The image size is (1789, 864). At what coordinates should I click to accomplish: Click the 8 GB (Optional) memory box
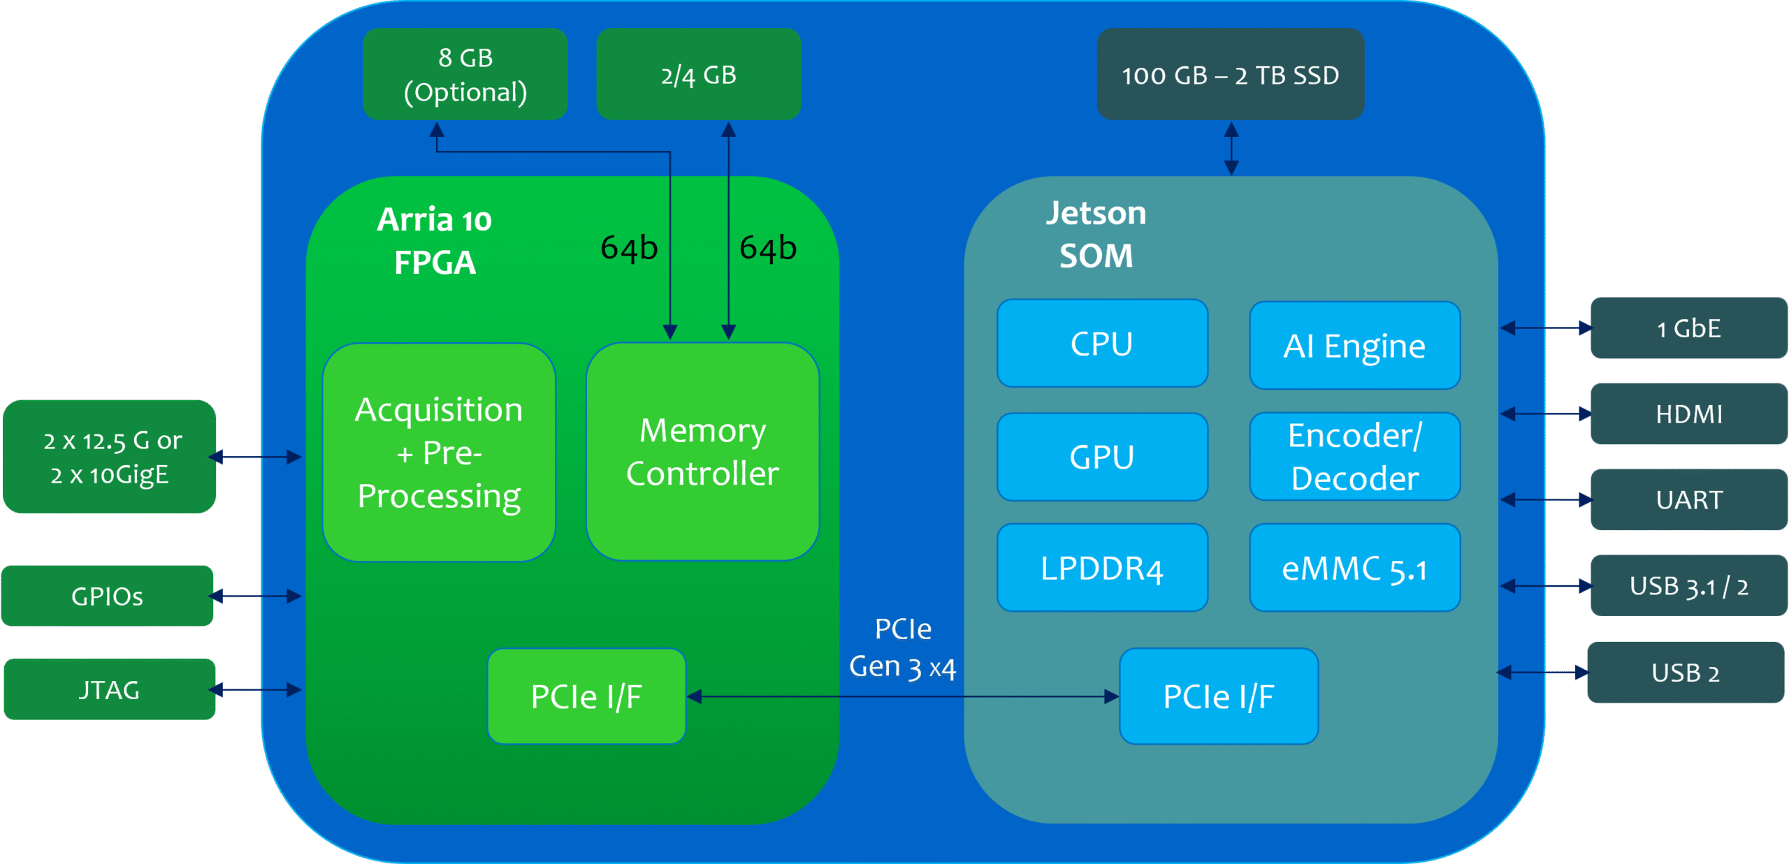pyautogui.click(x=465, y=74)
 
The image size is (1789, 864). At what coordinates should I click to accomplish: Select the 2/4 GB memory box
pyautogui.click(x=698, y=74)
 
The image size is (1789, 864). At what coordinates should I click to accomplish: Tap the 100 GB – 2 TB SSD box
pyautogui.click(x=1230, y=74)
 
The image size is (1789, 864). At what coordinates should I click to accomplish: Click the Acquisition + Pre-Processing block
pyautogui.click(x=439, y=453)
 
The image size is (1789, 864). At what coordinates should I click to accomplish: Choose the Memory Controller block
pyautogui.click(x=702, y=452)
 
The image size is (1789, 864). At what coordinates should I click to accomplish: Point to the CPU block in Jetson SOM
pyautogui.click(x=1102, y=344)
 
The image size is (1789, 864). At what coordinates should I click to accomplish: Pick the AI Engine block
pyautogui.click(x=1354, y=346)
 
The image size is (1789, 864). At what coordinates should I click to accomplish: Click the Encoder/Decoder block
pyautogui.click(x=1354, y=457)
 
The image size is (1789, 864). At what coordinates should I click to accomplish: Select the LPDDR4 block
pyautogui.click(x=1102, y=568)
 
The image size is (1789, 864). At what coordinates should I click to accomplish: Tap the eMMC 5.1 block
pyautogui.click(x=1354, y=568)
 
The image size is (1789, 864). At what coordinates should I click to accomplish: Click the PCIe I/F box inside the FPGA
pyautogui.click(x=586, y=696)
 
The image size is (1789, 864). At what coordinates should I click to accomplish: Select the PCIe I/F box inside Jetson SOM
pyautogui.click(x=1219, y=696)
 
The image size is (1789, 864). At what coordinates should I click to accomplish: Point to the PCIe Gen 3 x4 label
pyautogui.click(x=902, y=648)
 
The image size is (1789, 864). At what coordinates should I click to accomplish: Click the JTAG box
pyautogui.click(x=110, y=689)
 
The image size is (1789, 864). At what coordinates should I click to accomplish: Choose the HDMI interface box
pyautogui.click(x=1688, y=413)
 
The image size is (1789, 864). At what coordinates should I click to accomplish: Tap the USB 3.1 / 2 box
pyautogui.click(x=1688, y=585)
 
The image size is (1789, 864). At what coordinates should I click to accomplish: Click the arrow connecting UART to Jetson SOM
pyautogui.click(x=1546, y=499)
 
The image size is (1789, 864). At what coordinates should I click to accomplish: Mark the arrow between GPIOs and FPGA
pyautogui.click(x=255, y=596)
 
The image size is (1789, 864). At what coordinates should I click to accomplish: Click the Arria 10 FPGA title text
pyautogui.click(x=434, y=241)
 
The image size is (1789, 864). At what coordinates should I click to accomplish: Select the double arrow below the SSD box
pyautogui.click(x=1231, y=148)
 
